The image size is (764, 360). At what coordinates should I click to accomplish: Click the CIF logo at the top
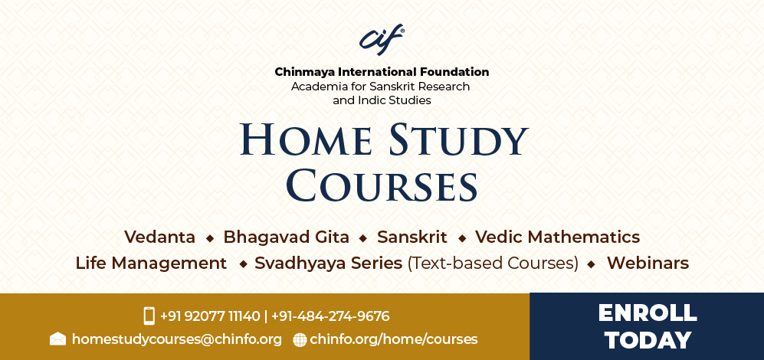pyautogui.click(x=382, y=40)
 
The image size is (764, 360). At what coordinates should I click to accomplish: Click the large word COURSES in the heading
pyautogui.click(x=382, y=185)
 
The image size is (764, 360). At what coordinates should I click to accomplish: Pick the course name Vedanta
pyautogui.click(x=160, y=237)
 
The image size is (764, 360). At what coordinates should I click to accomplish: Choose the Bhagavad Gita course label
pyautogui.click(x=286, y=237)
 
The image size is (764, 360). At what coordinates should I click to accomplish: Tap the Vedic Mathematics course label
pyautogui.click(x=557, y=237)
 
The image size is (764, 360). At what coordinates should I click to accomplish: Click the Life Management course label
pyautogui.click(x=151, y=263)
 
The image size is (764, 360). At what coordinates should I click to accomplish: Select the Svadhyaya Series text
pyautogui.click(x=329, y=263)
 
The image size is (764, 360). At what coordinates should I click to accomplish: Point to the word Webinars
pyautogui.click(x=648, y=263)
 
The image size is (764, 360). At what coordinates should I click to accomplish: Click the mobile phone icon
pyautogui.click(x=149, y=316)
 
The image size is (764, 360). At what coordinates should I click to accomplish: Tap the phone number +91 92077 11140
pyautogui.click(x=210, y=316)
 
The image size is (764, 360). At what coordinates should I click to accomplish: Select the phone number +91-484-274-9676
pyautogui.click(x=330, y=316)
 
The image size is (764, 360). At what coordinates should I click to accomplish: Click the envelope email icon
pyautogui.click(x=57, y=339)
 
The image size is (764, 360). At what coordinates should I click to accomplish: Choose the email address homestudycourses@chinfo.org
pyautogui.click(x=177, y=339)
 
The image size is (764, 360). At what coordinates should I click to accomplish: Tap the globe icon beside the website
pyautogui.click(x=300, y=339)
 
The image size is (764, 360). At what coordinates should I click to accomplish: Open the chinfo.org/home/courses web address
pyautogui.click(x=394, y=339)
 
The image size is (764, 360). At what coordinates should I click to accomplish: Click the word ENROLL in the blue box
pyautogui.click(x=648, y=313)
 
